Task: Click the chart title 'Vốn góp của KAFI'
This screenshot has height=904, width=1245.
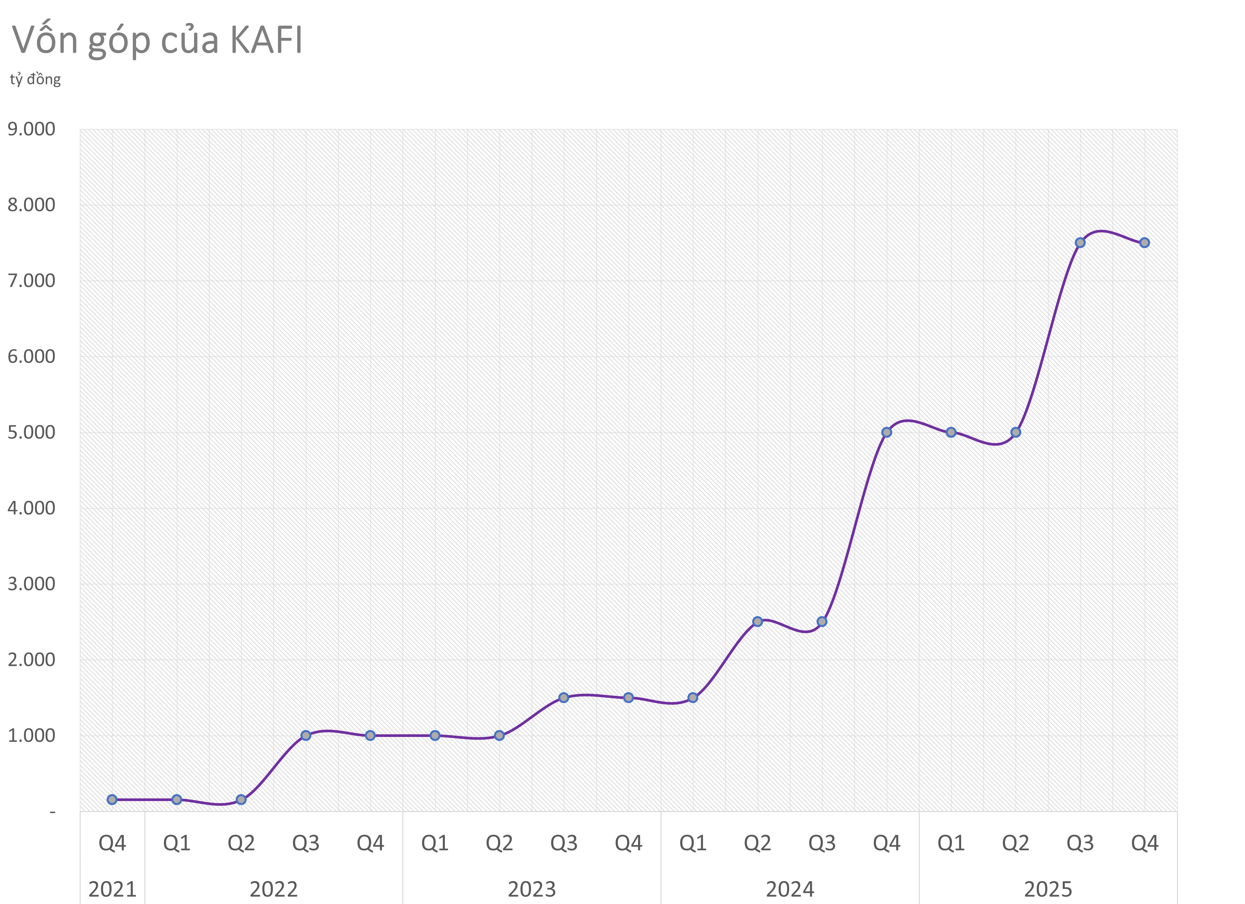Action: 158,41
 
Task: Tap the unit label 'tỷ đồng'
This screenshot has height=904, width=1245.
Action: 35,80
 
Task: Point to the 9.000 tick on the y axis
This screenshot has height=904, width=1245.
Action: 31,130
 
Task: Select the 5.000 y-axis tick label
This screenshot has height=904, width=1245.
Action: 31,432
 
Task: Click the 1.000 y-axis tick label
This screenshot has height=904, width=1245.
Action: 31,735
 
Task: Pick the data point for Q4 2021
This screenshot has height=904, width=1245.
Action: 112,800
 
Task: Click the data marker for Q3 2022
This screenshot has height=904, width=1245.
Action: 306,735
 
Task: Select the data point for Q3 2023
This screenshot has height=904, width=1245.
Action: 564,697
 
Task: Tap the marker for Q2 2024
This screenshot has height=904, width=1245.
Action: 757,622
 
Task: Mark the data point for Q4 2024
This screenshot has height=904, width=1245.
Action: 887,432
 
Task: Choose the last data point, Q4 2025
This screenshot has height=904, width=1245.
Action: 1144,243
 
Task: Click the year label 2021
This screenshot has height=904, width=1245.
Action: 113,889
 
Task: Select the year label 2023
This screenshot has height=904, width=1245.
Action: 532,889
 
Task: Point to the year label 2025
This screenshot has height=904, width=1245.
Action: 1048,889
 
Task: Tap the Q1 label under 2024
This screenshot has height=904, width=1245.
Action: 693,843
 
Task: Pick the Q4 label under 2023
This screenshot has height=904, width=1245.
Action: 629,843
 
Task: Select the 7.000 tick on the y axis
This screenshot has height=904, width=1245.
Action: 31,281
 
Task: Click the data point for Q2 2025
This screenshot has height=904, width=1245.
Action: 1016,432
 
